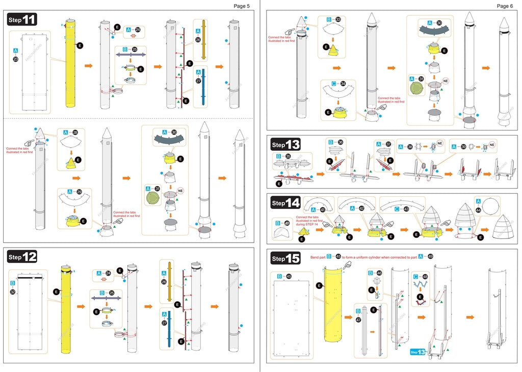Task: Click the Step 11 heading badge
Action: [x=22, y=20]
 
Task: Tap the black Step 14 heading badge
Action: [x=285, y=203]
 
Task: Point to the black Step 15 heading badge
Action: [x=285, y=258]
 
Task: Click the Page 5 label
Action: [x=242, y=6]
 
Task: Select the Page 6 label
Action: [x=505, y=6]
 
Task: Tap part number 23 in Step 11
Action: [x=16, y=60]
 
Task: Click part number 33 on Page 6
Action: [x=338, y=20]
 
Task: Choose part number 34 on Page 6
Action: [x=343, y=84]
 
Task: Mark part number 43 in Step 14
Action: [x=406, y=209]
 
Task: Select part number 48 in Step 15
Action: [x=425, y=277]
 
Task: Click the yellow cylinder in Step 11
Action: [x=70, y=64]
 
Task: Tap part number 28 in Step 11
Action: [x=75, y=132]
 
